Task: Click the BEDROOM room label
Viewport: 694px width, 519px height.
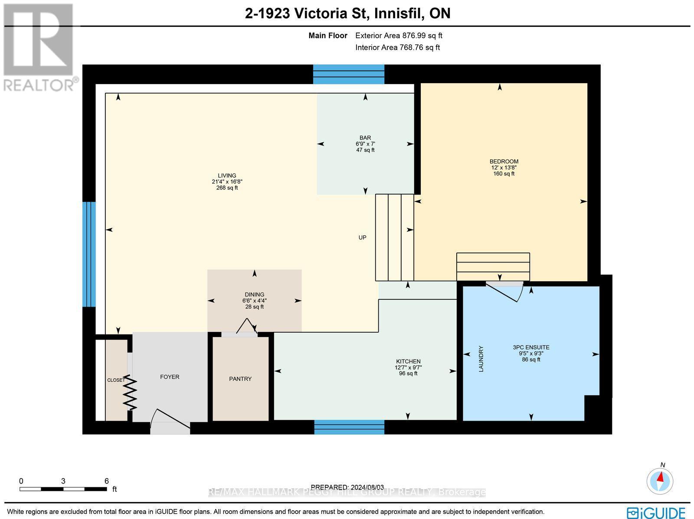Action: point(504,162)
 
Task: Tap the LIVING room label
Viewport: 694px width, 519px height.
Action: point(227,176)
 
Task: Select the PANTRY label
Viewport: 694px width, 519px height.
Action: point(240,379)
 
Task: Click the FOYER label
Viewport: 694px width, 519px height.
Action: point(170,377)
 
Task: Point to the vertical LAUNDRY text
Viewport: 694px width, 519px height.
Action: point(481,358)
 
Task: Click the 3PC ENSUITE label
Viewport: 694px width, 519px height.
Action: point(531,347)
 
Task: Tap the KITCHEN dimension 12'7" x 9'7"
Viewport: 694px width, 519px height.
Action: point(408,367)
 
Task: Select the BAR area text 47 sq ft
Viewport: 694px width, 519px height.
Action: point(365,150)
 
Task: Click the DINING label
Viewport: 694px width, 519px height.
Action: point(254,295)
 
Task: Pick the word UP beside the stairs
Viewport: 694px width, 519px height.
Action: point(362,237)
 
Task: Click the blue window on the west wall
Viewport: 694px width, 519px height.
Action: point(89,254)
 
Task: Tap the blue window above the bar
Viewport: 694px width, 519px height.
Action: point(349,74)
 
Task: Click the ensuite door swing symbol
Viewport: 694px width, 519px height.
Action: point(504,292)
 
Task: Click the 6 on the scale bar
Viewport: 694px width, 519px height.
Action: point(106,481)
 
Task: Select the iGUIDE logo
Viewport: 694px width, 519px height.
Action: point(656,512)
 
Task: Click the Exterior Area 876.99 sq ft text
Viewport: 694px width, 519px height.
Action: point(399,36)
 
